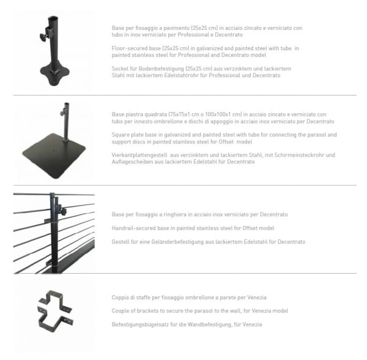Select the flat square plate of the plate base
click(54, 155)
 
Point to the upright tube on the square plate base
click(67, 122)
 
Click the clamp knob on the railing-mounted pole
click(62, 209)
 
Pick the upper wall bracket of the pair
click(55, 299)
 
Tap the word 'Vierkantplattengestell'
click(139, 155)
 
